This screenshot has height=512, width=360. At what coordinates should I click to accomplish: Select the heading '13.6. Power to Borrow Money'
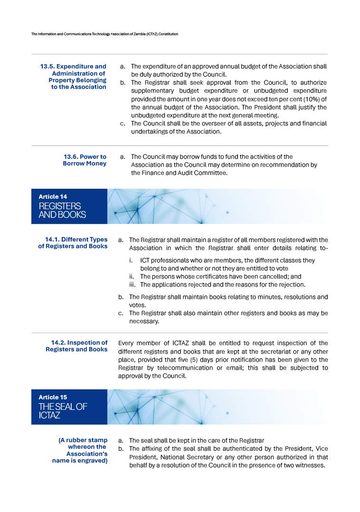85,160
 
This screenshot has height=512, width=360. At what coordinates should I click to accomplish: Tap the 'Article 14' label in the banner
53,196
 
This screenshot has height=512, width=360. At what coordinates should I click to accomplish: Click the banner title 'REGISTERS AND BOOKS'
62,210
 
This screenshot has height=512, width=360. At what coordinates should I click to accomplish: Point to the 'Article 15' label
53,397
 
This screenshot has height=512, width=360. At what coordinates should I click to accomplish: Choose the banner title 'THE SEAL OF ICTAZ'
63,411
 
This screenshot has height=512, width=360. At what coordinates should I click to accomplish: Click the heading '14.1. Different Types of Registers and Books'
73,243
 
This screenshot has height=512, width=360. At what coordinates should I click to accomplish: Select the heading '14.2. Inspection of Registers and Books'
77,346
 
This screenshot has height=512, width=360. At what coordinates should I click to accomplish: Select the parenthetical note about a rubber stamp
80,450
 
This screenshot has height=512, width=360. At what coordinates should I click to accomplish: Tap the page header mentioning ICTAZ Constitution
104,34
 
